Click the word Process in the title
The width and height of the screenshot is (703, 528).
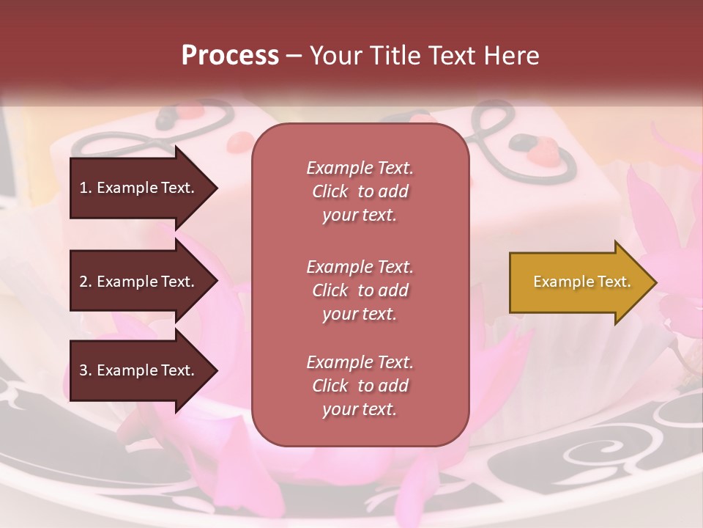[230, 56]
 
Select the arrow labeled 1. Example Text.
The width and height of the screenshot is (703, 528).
[139, 188]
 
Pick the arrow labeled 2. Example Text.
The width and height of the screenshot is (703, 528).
[139, 282]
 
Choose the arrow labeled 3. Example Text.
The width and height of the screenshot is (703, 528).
[139, 370]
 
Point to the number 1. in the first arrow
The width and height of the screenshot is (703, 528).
[86, 188]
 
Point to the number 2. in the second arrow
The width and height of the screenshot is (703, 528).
[86, 282]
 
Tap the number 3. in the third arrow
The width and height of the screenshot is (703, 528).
[86, 370]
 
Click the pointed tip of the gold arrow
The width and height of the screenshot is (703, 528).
[654, 282]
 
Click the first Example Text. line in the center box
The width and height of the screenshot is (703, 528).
[360, 168]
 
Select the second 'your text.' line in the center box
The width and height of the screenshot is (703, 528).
[360, 314]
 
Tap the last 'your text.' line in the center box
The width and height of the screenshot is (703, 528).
[360, 410]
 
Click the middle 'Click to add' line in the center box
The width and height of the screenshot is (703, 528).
[360, 290]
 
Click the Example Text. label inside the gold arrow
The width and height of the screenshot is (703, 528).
[581, 282]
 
